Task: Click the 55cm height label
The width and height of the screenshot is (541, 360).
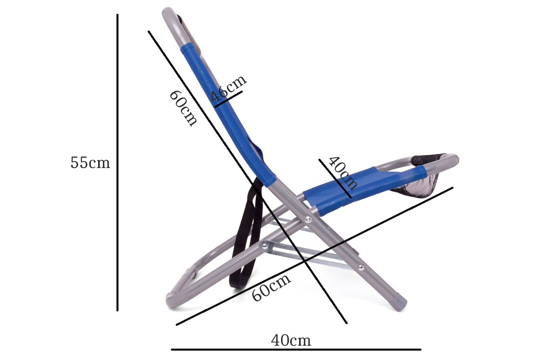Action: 90,163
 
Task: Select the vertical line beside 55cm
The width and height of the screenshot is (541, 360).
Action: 117,163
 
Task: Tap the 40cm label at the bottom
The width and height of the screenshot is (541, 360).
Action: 291,341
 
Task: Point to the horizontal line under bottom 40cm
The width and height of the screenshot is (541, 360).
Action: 296,349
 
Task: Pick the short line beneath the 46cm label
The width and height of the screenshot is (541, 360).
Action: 228,99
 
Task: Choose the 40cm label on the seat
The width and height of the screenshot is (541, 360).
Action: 342,173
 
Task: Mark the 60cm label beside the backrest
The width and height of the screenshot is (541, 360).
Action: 183,109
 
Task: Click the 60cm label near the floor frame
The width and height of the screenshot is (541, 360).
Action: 271,288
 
